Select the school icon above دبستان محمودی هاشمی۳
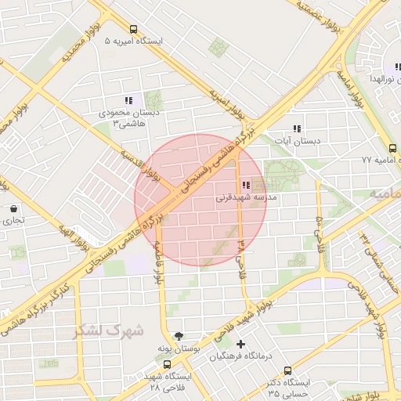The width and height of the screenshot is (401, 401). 128,100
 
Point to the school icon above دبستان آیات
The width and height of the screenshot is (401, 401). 296,128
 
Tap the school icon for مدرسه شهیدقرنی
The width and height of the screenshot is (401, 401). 246,186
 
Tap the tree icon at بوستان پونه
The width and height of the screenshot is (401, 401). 180,335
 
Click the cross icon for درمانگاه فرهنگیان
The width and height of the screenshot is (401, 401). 240,344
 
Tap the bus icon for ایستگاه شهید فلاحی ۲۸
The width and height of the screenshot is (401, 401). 166,365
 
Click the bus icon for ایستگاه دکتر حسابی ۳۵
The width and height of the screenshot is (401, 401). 287,370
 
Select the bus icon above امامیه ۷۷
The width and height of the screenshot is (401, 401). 392,147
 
